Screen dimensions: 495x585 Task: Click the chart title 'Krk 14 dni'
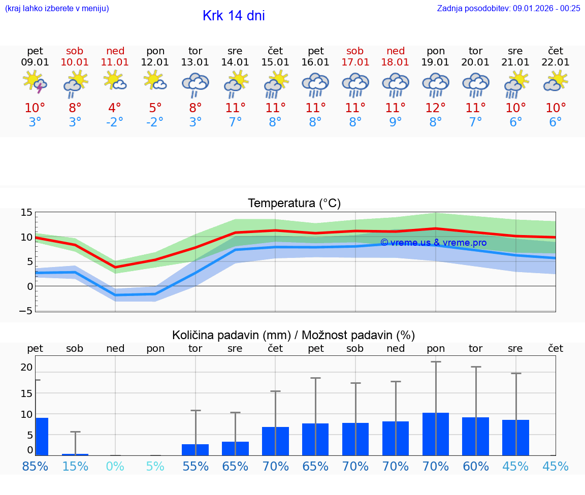click(234, 16)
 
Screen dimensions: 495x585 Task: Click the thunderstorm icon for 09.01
click(35, 82)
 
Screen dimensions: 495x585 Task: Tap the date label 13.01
click(195, 62)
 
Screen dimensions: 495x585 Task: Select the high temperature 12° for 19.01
click(435, 108)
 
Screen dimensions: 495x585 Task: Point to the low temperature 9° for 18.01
click(395, 122)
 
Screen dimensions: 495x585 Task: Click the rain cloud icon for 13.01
click(196, 84)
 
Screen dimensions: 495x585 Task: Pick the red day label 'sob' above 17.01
click(355, 51)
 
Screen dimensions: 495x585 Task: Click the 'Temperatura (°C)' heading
click(294, 204)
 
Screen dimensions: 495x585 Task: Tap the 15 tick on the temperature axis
click(26, 213)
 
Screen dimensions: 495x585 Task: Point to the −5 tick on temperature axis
click(26, 311)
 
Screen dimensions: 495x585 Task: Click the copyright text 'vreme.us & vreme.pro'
click(433, 243)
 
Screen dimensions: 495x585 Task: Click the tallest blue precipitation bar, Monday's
click(436, 434)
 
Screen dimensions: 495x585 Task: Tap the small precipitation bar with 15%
click(75, 454)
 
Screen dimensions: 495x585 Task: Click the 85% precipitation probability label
click(35, 466)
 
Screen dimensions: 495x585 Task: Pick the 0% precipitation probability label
click(115, 466)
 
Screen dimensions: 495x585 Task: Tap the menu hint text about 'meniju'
click(57, 8)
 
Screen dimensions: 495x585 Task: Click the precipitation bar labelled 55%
click(196, 450)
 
